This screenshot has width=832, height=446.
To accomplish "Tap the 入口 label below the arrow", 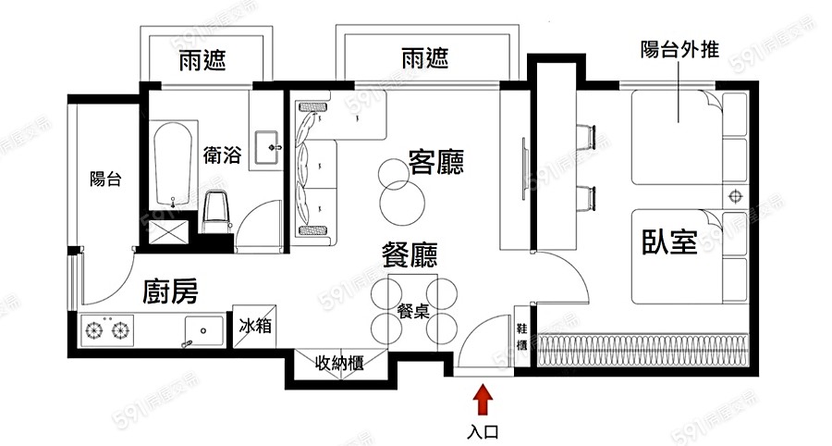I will [x=483, y=430].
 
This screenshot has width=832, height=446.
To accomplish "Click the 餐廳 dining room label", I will [x=410, y=254].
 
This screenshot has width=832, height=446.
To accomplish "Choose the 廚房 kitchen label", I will [x=170, y=293].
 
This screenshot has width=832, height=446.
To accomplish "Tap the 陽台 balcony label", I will [x=105, y=180].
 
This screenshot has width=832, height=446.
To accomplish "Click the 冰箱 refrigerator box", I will [x=254, y=326].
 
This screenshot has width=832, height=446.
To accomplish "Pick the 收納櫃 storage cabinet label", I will [x=339, y=363].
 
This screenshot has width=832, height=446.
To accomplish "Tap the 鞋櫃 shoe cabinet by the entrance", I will [x=520, y=338].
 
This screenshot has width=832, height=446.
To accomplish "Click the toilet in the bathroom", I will [x=215, y=212].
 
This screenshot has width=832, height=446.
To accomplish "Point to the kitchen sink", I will [x=202, y=329].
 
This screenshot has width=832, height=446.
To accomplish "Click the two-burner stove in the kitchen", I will [x=107, y=328].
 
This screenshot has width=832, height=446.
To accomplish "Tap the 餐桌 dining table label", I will [x=412, y=311].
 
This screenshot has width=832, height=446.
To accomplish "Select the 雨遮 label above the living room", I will [x=425, y=58].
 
